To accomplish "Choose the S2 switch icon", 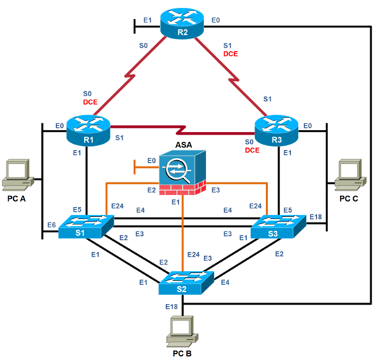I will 183,282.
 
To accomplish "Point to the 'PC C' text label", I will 348,199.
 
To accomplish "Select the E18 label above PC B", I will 171,307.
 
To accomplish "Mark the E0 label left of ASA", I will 151,161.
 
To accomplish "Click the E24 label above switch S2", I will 194,254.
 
